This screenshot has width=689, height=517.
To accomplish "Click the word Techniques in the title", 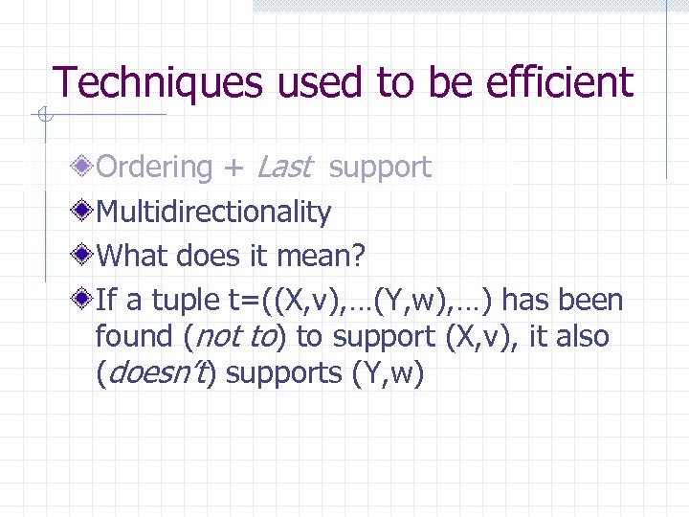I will (157, 82).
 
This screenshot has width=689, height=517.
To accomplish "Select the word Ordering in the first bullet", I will (154, 168).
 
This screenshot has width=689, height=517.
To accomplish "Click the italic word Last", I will (284, 167).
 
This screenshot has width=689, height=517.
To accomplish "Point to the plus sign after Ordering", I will (233, 169).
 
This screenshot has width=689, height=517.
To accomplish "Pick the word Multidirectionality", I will (214, 212).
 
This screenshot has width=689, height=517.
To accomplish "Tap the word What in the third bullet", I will (130, 256).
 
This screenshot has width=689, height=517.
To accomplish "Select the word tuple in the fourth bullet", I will (184, 301).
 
